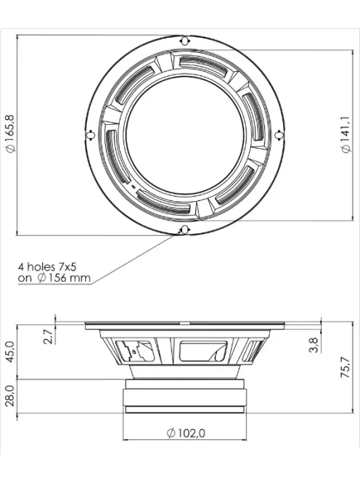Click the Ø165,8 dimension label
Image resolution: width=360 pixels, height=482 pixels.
[11, 134]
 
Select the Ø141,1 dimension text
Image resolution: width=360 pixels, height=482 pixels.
[345, 134]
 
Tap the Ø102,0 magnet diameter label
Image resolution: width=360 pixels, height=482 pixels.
[186, 433]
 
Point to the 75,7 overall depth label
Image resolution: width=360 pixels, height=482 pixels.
[345, 367]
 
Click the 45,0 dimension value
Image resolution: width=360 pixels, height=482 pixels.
[10, 351]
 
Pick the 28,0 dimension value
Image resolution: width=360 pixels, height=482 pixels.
[10, 396]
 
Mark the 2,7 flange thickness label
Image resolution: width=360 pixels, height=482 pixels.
[49, 337]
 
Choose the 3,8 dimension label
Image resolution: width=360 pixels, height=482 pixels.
[314, 345]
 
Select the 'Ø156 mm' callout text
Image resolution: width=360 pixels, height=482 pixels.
[64, 277]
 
